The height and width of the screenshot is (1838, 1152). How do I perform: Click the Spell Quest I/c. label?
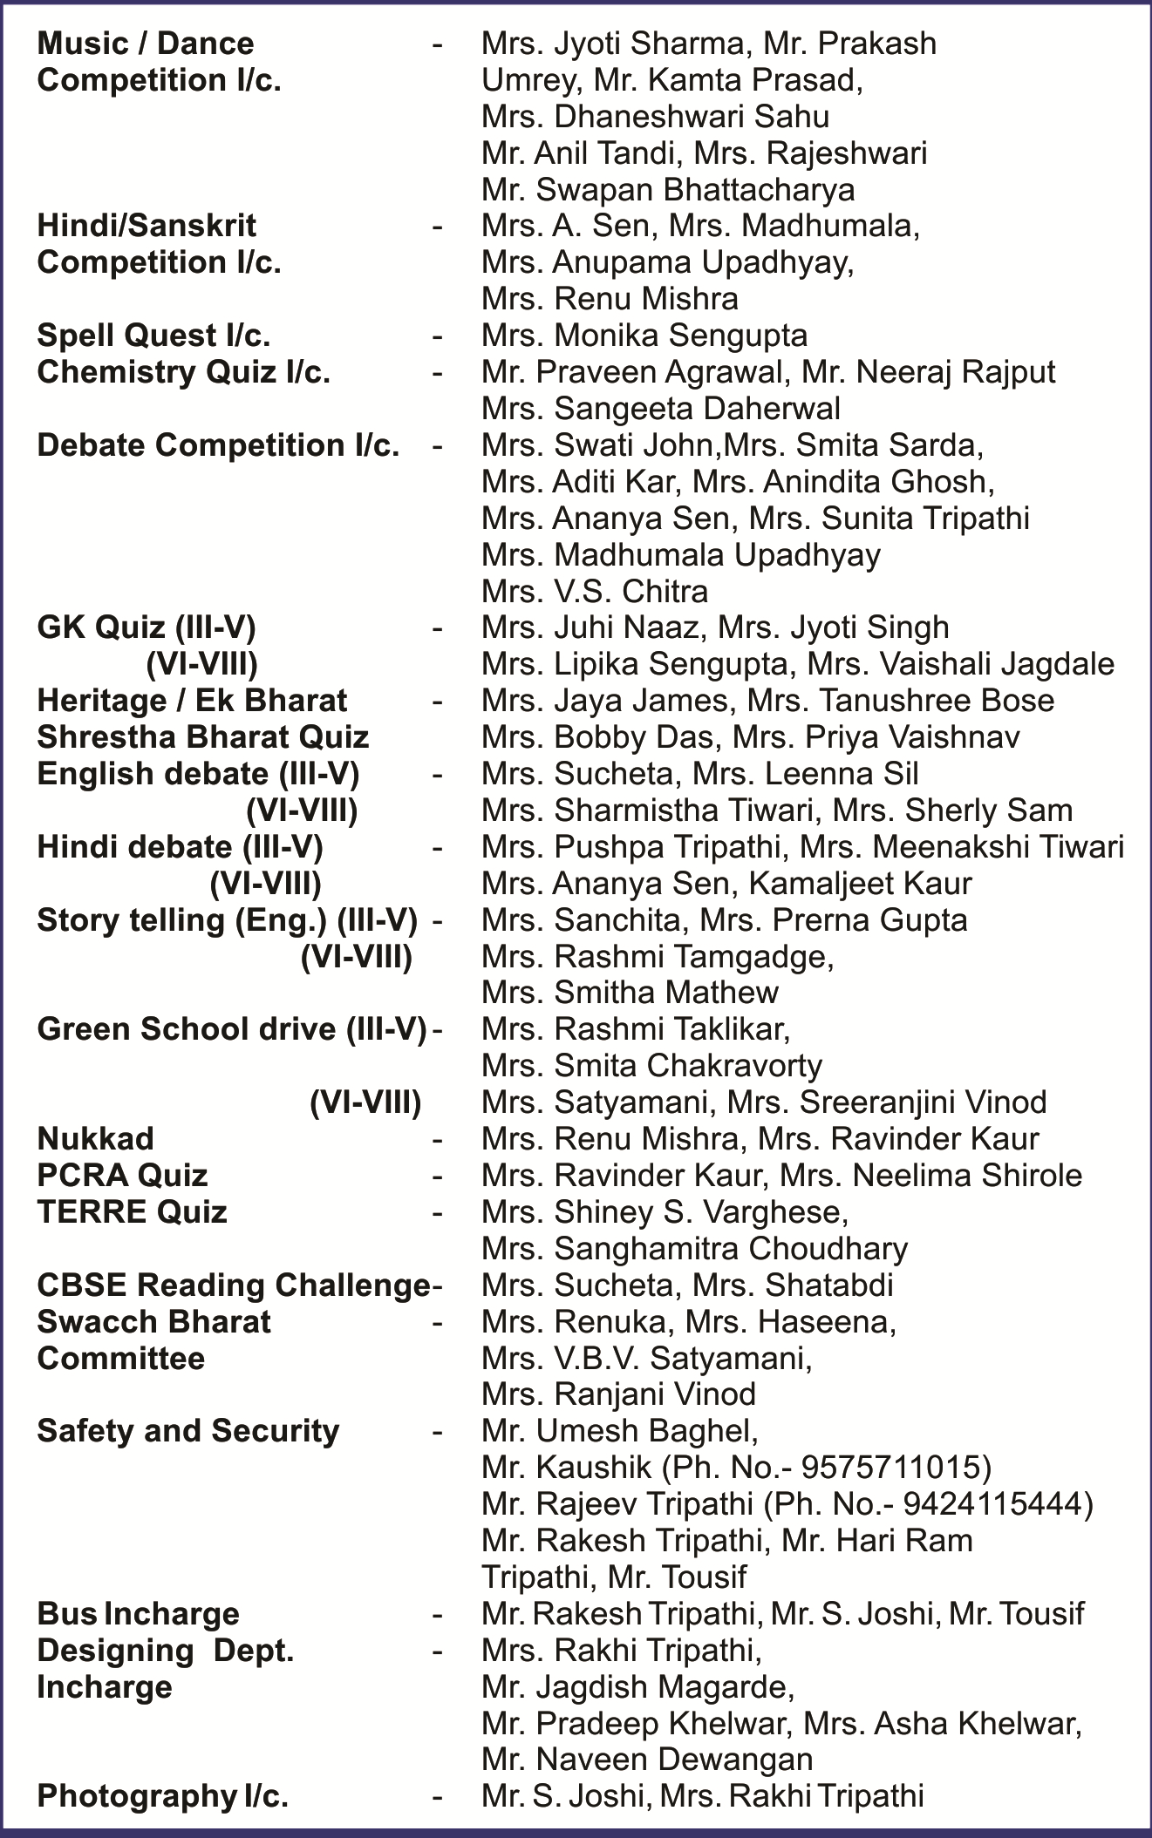(153, 336)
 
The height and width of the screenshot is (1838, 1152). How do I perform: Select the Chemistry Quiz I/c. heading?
(183, 372)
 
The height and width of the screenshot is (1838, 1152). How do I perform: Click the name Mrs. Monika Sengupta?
(644, 336)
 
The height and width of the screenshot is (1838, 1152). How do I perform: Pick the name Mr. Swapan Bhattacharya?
(668, 189)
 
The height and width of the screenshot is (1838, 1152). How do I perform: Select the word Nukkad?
(95, 1138)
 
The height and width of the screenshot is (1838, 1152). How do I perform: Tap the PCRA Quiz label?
(122, 1175)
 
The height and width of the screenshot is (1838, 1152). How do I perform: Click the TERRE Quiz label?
(132, 1211)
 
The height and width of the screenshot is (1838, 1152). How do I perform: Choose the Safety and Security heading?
(187, 1431)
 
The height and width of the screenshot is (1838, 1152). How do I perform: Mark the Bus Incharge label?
(138, 1614)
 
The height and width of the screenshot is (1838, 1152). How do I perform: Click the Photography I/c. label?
(162, 1796)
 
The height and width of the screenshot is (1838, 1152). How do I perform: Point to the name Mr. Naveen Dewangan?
(647, 1760)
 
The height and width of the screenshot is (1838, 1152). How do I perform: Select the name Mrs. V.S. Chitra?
(595, 592)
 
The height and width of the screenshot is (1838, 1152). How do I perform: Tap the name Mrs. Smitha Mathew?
(630, 992)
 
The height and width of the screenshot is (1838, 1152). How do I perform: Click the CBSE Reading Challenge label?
(233, 1285)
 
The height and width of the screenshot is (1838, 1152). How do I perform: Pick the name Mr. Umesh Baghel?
(619, 1431)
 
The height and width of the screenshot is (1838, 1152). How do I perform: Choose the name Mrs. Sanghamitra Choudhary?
(694, 1248)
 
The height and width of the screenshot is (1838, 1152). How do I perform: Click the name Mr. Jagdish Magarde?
(637, 1687)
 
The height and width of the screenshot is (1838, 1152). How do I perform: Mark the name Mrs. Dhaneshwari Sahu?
(655, 116)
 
